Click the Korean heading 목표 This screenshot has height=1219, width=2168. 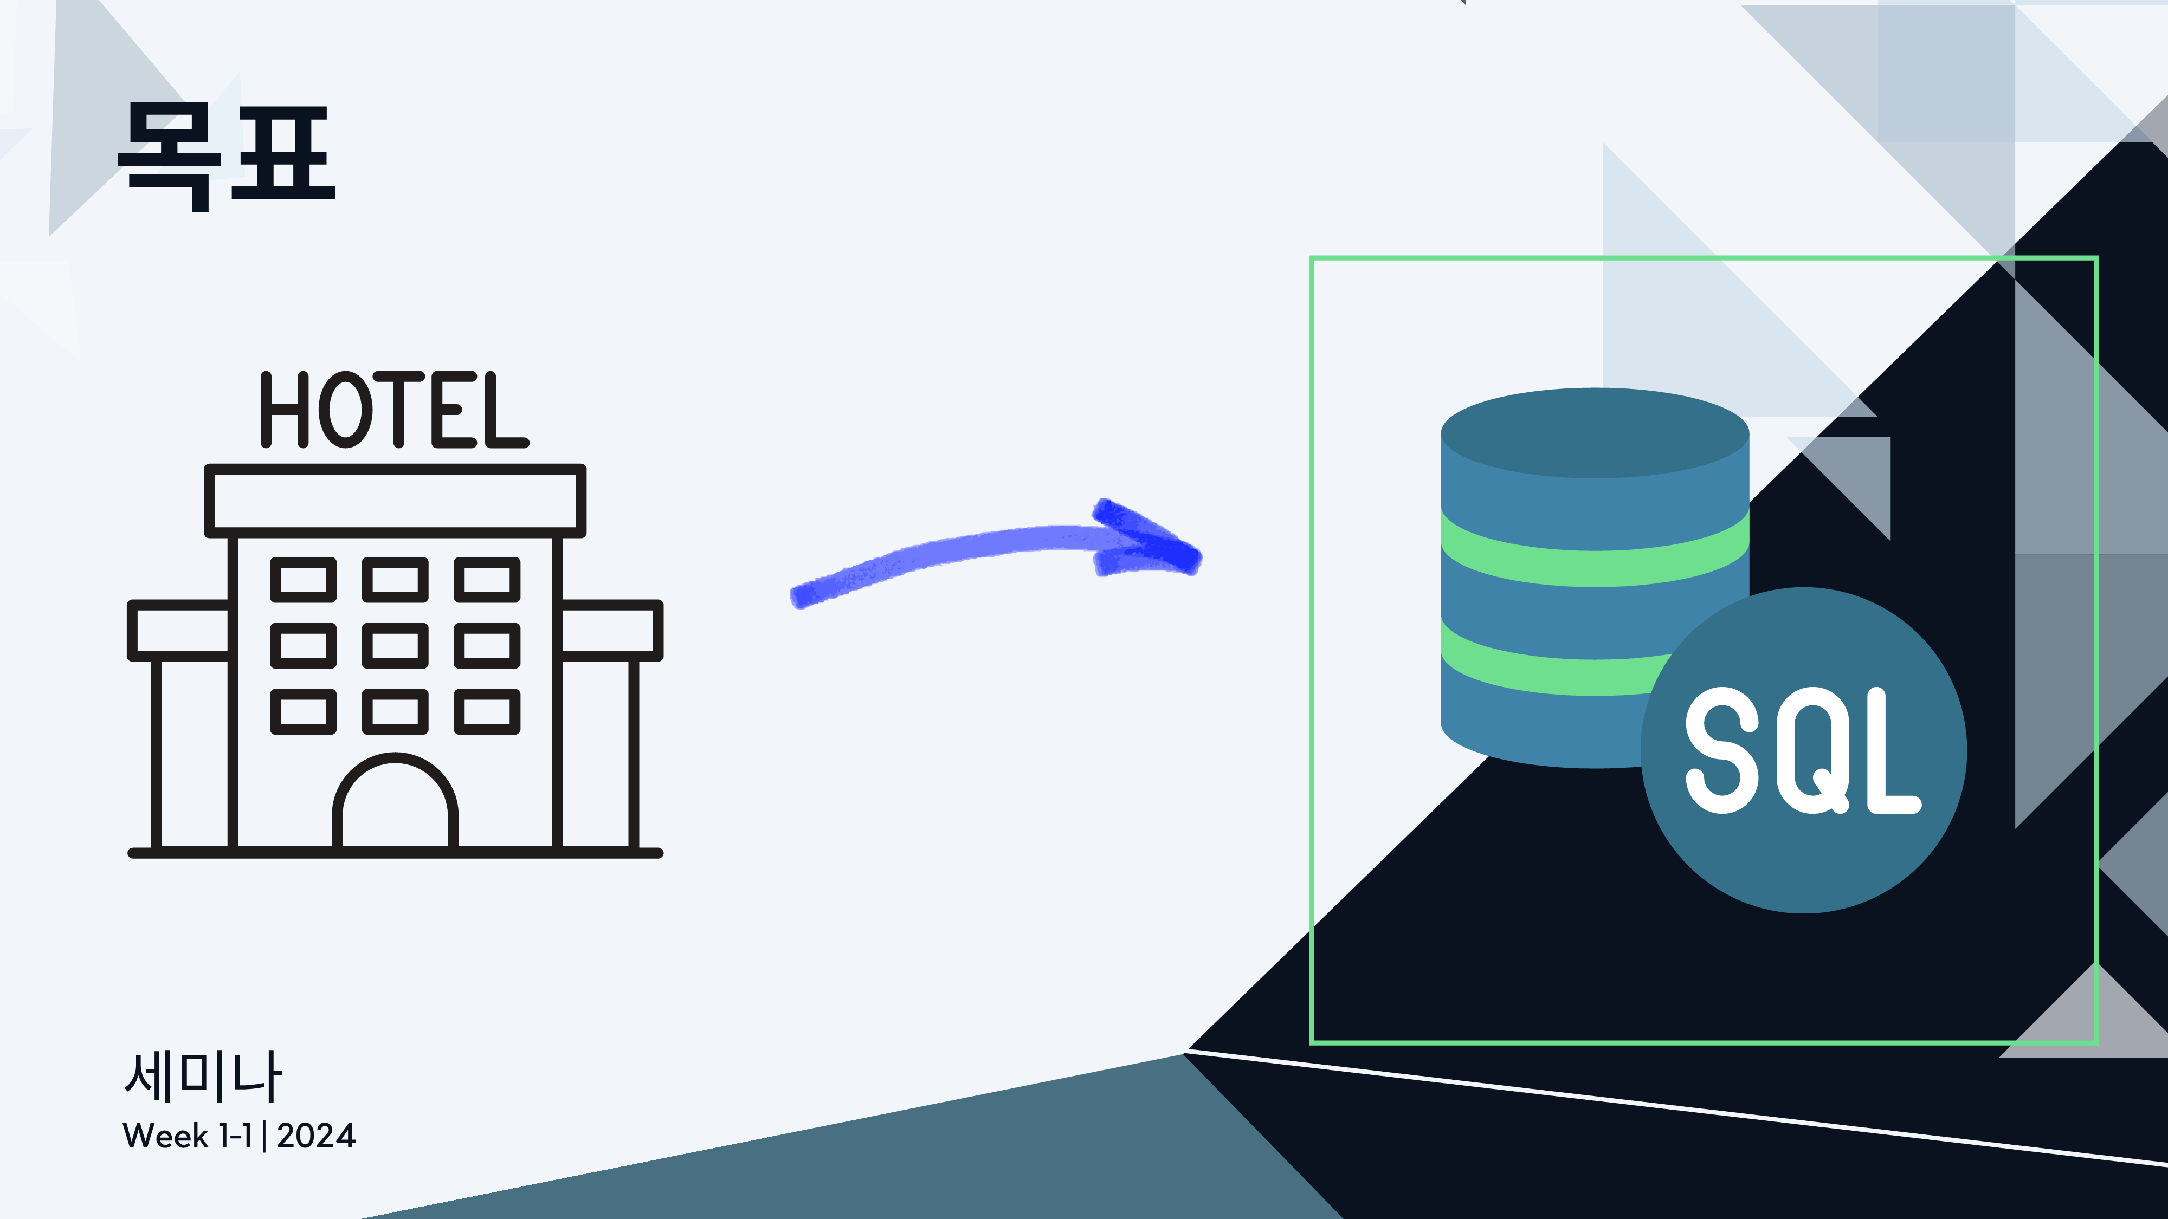click(227, 155)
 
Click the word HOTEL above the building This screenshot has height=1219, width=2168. click(394, 410)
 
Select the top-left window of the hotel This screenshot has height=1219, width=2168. click(303, 580)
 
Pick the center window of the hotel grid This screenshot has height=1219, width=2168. click(395, 645)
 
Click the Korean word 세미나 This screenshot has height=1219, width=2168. click(203, 1077)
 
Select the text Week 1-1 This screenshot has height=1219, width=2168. click(187, 1136)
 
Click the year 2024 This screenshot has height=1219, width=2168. click(317, 1136)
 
